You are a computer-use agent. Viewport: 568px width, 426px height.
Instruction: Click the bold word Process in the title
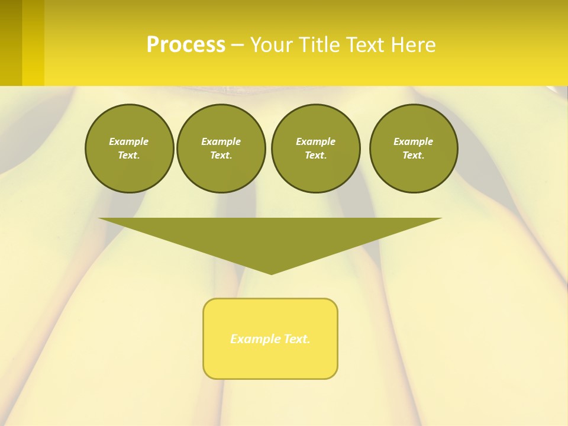tap(186, 45)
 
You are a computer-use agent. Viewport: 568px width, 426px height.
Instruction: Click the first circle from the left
tap(129, 149)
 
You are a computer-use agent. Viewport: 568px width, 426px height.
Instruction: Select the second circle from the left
tap(221, 149)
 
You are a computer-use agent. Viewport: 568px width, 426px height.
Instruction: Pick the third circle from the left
tap(315, 149)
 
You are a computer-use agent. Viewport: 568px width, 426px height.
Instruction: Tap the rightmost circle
tap(414, 149)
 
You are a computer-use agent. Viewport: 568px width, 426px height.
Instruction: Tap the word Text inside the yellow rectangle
tap(297, 339)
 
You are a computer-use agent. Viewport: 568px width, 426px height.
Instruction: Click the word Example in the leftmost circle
tap(129, 141)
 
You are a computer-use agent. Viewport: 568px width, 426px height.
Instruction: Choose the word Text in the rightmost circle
tap(413, 156)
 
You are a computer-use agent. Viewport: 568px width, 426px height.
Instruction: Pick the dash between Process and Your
tap(237, 45)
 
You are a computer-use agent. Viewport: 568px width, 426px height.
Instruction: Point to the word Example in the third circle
tap(315, 141)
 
